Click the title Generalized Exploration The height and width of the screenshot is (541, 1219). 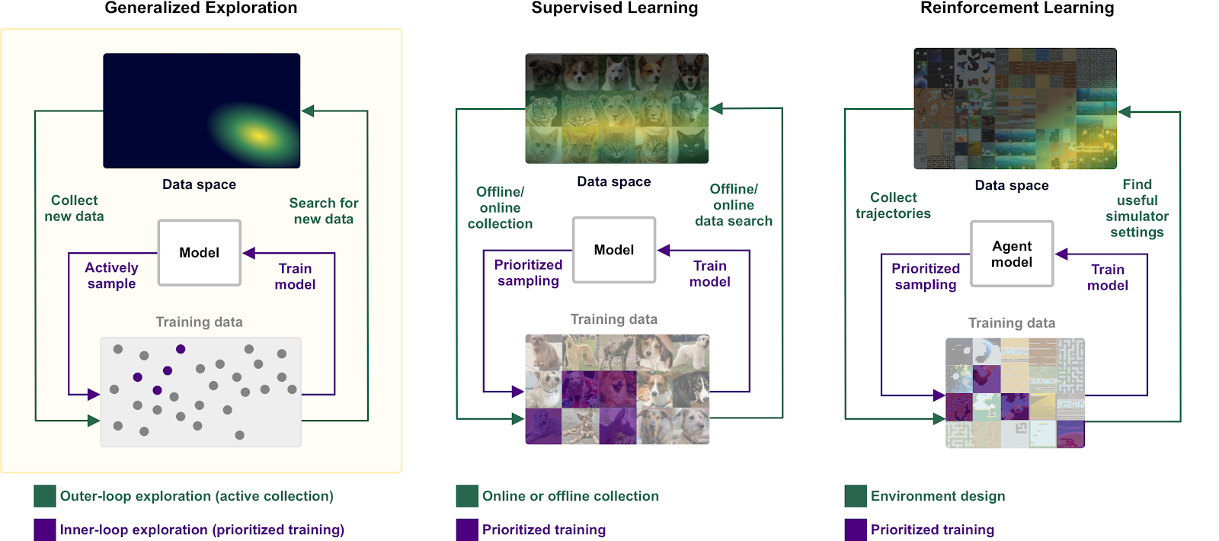point(201,8)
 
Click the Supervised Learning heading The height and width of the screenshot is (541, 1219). point(614,8)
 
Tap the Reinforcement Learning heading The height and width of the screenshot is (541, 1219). point(1017,8)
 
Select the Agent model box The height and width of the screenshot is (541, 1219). point(1012,254)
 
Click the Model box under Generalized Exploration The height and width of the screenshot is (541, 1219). point(199,253)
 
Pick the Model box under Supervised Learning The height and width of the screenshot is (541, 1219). point(614,250)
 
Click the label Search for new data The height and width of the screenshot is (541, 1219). point(324,211)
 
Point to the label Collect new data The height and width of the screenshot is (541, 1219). point(74,208)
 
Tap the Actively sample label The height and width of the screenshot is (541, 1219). point(111,276)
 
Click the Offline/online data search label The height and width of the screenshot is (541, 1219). point(734,205)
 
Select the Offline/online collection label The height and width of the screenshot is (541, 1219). point(500,208)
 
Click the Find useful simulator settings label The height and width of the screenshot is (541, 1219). point(1137,208)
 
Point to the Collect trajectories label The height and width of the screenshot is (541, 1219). point(893,206)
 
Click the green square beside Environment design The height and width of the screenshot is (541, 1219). point(856,496)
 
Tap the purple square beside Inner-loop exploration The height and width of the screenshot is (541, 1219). point(45,530)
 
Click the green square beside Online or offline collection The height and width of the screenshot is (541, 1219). point(467,496)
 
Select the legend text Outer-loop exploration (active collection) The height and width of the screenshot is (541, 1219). point(197,496)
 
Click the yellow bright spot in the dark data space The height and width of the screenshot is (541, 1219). point(259,136)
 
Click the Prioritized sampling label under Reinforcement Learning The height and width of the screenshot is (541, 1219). point(926,277)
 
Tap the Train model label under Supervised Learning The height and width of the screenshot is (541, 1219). point(709,274)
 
